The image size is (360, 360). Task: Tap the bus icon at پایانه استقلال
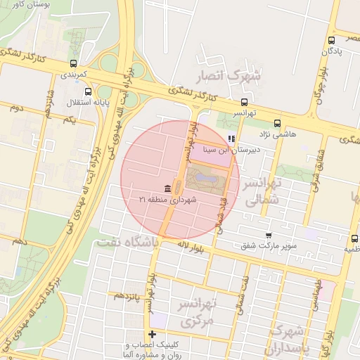(88, 91)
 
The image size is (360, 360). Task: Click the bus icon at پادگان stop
(331, 40)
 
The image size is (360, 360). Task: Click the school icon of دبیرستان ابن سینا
(232, 139)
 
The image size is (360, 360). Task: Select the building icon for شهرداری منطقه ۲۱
(167, 188)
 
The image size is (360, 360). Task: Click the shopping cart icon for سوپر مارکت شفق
(268, 235)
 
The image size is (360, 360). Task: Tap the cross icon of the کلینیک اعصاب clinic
(151, 334)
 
